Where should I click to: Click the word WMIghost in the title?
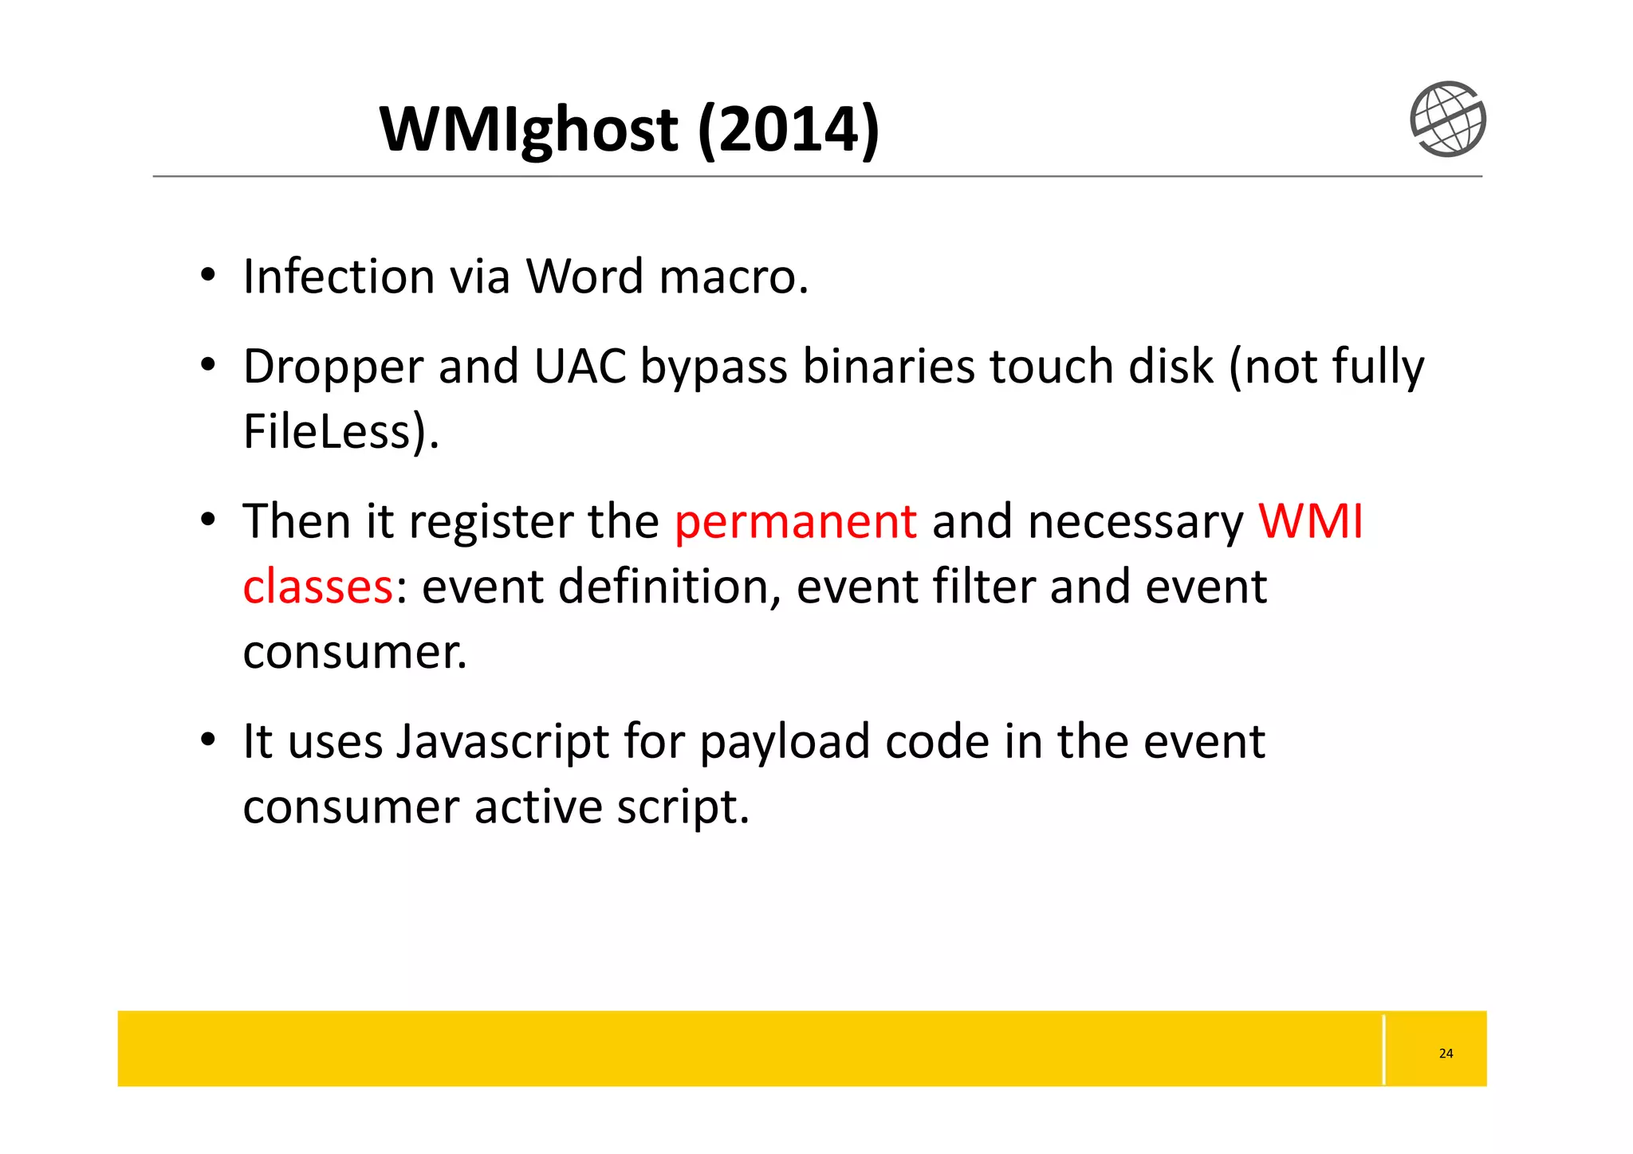[x=529, y=129]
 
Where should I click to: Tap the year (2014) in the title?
[x=788, y=129]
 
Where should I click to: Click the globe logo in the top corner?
[x=1447, y=119]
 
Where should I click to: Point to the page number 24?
[x=1446, y=1054]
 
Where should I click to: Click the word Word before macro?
[x=584, y=277]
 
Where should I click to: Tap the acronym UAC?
[x=580, y=367]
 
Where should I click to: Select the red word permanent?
[x=795, y=522]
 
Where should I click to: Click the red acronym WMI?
[x=1310, y=521]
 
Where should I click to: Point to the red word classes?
[x=317, y=587]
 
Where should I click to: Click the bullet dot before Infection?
[x=208, y=276]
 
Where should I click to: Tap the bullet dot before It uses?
[x=208, y=740]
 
